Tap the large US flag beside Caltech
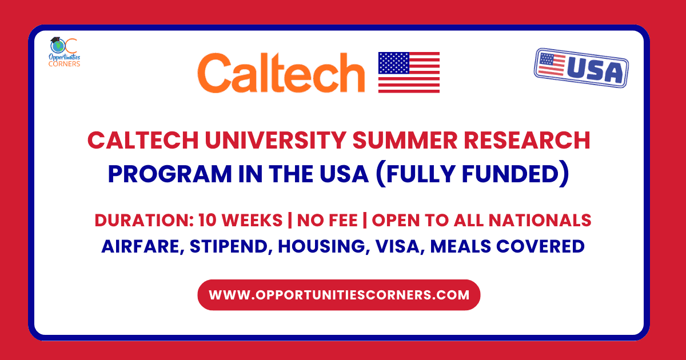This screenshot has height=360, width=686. [x=409, y=73]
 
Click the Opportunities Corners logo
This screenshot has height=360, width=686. [x=65, y=52]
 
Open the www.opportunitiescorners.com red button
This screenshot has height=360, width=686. [x=339, y=295]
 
